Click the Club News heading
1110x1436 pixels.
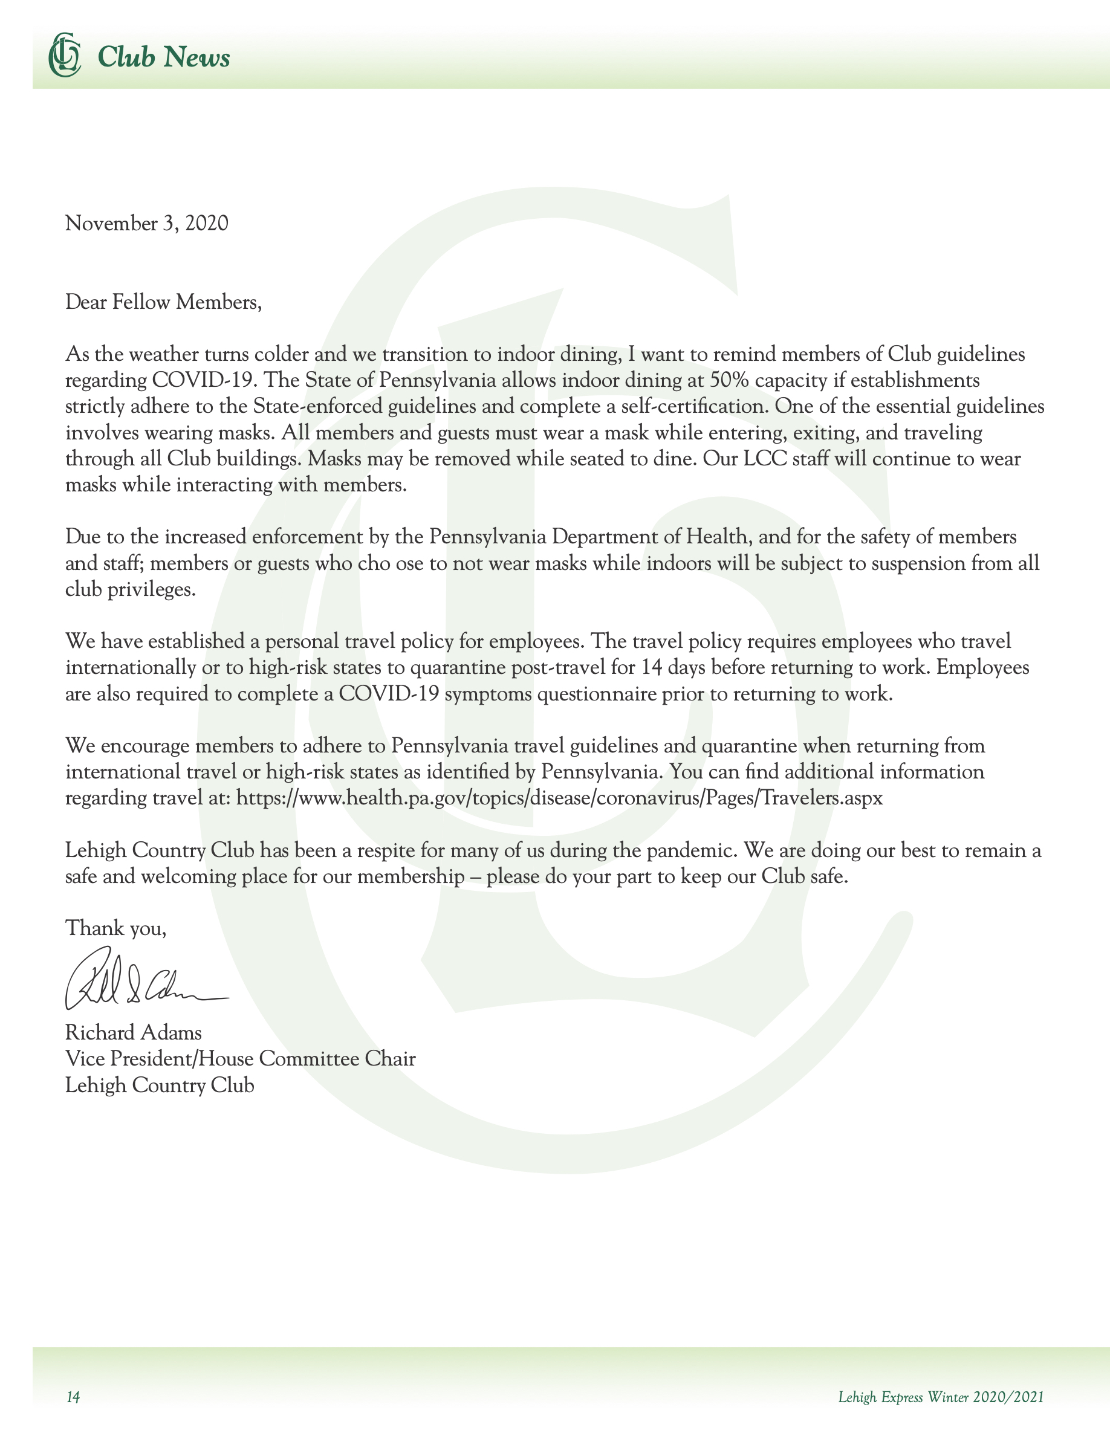click(x=164, y=57)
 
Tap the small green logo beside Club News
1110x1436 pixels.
click(x=65, y=54)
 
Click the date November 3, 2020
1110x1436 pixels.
click(x=147, y=224)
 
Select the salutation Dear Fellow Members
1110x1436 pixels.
click(x=163, y=302)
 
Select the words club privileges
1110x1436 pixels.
click(x=130, y=589)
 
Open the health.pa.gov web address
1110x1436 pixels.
click(x=559, y=798)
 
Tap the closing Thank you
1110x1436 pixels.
click(x=115, y=928)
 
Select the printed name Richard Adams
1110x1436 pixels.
click(x=134, y=1032)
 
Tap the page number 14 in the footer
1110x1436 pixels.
click(x=73, y=1397)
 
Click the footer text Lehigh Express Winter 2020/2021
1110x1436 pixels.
click(x=940, y=1397)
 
